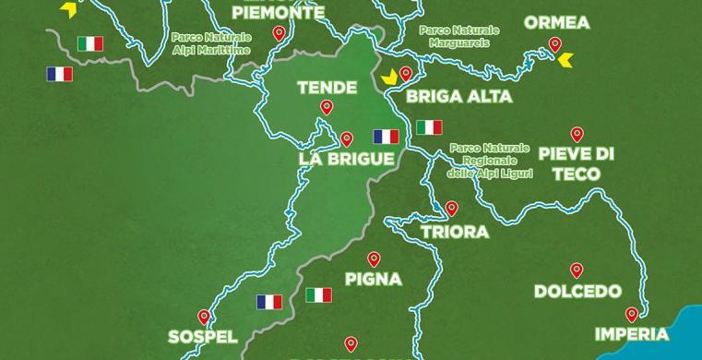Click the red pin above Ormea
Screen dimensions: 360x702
(554, 44)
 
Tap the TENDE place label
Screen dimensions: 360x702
(327, 89)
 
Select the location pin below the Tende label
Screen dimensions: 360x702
(326, 108)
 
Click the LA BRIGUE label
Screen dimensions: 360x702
(347, 159)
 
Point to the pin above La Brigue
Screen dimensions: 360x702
(347, 139)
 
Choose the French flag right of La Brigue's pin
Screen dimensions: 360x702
(386, 137)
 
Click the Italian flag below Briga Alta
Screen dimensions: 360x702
(429, 127)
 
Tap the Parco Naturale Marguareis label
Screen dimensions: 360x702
(458, 36)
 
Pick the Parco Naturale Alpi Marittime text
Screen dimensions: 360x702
(204, 45)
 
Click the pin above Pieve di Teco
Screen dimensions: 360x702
(577, 135)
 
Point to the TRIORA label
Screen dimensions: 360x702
(454, 232)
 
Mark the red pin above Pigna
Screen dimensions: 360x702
(374, 259)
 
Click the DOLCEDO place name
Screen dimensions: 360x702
(577, 292)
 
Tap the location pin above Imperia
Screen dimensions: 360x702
(632, 314)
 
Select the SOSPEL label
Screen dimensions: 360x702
(203, 336)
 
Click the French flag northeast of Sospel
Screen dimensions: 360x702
(269, 302)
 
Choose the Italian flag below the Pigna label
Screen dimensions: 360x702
(318, 295)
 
